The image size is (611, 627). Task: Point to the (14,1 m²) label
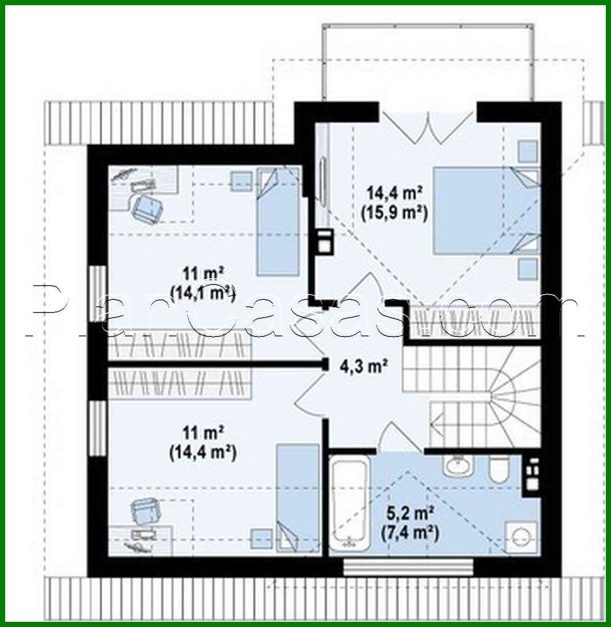pos(203,292)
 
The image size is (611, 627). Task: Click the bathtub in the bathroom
pos(348,505)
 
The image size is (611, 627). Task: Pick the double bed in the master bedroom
pos(485,210)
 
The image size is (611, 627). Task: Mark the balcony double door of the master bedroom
pos(427,127)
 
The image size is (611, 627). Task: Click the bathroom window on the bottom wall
pos(408,567)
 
